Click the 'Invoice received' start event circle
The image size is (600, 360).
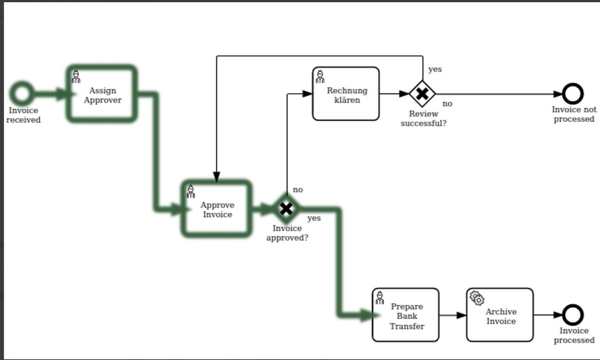pyautogui.click(x=22, y=93)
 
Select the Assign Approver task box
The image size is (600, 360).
pyautogui.click(x=103, y=95)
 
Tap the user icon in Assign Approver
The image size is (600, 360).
pyautogui.click(x=76, y=77)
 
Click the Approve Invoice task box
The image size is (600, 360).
pyautogui.click(x=217, y=209)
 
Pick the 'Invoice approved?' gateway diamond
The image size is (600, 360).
pyautogui.click(x=286, y=208)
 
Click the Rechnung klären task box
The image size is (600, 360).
pyautogui.click(x=346, y=94)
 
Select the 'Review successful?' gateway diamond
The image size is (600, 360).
pyautogui.click(x=422, y=94)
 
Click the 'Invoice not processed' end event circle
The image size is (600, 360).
pyautogui.click(x=572, y=94)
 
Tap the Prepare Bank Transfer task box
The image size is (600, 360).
pyautogui.click(x=406, y=315)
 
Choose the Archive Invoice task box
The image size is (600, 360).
pyautogui.click(x=500, y=315)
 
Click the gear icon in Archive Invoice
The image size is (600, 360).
pyautogui.click(x=477, y=298)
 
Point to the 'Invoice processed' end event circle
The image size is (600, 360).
pyautogui.click(x=572, y=315)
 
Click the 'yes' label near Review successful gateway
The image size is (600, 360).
pyautogui.click(x=435, y=69)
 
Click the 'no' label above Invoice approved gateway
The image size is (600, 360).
pyautogui.click(x=298, y=190)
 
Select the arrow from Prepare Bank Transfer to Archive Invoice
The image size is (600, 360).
pyautogui.click(x=453, y=315)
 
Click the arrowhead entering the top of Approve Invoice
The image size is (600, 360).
pyautogui.click(x=217, y=176)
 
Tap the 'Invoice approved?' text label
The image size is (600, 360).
pyautogui.click(x=287, y=233)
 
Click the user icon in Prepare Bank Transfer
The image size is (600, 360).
pyautogui.click(x=380, y=298)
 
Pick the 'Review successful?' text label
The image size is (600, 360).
pyautogui.click(x=424, y=118)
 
